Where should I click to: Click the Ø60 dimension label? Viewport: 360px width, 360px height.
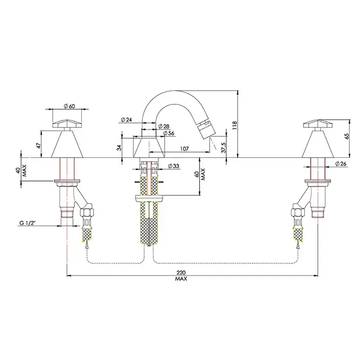pyautogui.click(x=69, y=105)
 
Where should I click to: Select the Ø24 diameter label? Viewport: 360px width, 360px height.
pyautogui.click(x=127, y=120)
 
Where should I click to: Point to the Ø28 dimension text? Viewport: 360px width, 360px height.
pyautogui.click(x=165, y=127)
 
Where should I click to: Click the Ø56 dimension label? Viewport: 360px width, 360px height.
pyautogui.click(x=167, y=133)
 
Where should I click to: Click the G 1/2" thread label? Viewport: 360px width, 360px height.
pyautogui.click(x=28, y=223)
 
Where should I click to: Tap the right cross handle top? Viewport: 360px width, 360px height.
pyautogui.click(x=317, y=123)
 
